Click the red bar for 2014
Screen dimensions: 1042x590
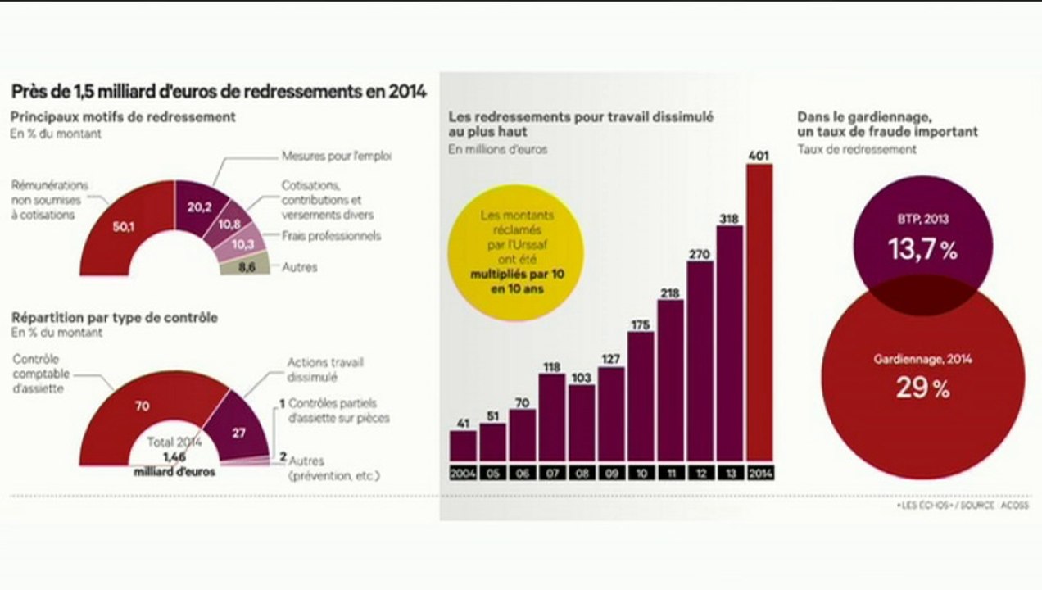coord(759,312)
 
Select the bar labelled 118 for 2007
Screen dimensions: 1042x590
coord(552,417)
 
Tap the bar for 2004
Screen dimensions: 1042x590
coord(463,446)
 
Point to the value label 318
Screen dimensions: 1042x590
coord(729,218)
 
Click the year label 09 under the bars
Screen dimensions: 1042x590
coord(612,473)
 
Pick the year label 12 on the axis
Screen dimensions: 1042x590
coord(701,473)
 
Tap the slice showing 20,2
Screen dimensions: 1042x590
coord(199,208)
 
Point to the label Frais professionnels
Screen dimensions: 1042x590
coord(331,236)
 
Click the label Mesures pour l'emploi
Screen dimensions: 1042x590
coord(337,156)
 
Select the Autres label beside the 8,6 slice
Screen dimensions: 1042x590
coord(300,267)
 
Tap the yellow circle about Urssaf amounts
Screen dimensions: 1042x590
coord(516,252)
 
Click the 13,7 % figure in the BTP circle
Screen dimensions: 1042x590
coord(922,249)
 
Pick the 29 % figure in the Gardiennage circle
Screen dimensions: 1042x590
coord(922,388)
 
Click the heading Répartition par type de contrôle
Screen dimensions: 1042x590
coord(115,318)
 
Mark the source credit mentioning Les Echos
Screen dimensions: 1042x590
coord(963,505)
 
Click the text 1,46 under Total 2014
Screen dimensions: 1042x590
coord(174,457)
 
